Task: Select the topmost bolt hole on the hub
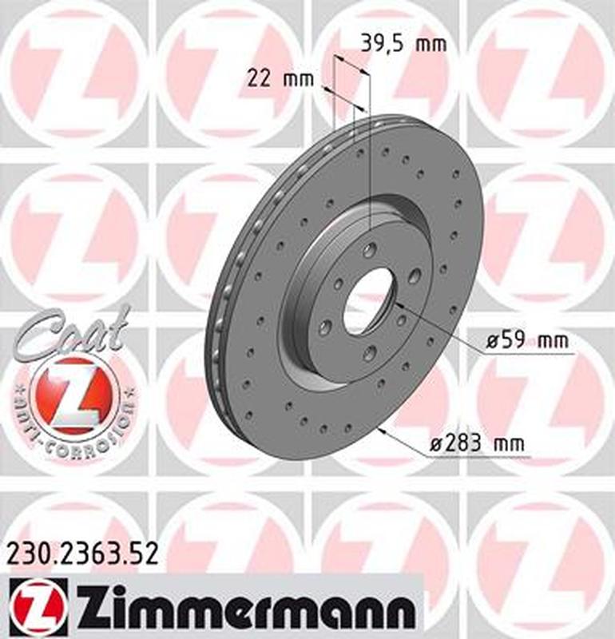point(368,251)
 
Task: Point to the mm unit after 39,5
point(431,44)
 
